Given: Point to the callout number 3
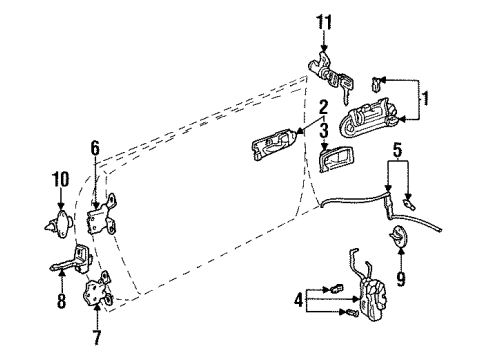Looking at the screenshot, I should tap(323, 130).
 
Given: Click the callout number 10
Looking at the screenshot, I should tap(61, 181).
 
